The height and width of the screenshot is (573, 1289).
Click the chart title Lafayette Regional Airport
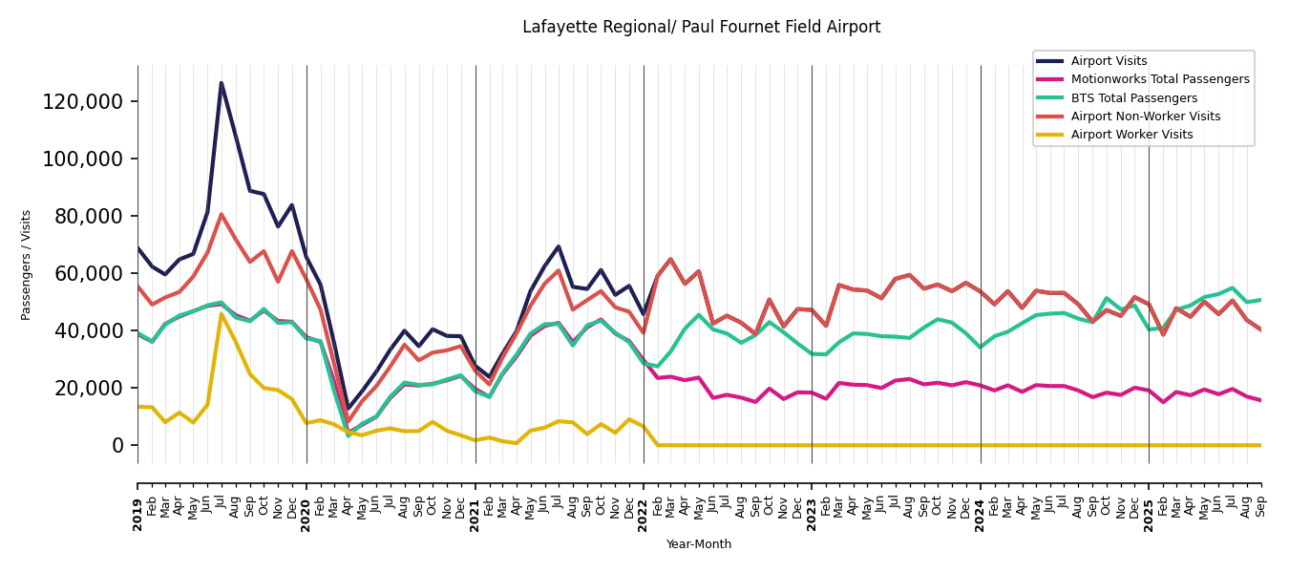(701, 28)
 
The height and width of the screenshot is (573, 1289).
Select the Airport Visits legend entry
(1109, 61)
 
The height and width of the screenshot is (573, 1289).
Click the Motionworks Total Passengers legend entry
(1159, 79)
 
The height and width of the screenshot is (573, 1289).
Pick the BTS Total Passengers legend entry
(1133, 98)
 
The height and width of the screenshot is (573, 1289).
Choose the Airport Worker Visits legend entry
(1131, 135)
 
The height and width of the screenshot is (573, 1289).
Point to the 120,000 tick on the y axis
(83, 102)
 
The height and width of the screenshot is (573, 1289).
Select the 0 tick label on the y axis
(117, 446)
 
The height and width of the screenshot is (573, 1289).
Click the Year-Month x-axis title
(699, 544)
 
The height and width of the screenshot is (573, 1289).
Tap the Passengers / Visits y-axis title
(27, 265)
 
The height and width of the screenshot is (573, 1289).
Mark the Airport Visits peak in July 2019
(222, 83)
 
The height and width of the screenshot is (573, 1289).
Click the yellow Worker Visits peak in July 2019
(222, 314)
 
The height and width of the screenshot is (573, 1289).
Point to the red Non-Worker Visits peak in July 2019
(222, 215)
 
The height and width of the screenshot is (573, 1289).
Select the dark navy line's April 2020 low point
(349, 409)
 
